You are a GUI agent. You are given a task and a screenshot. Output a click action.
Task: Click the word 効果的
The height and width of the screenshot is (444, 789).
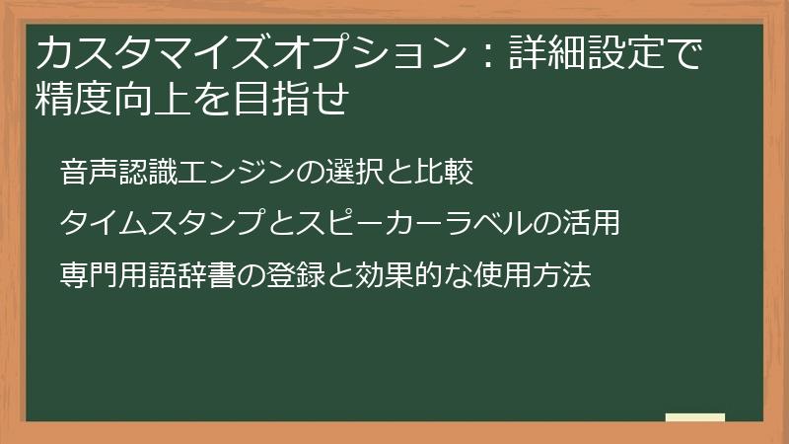(x=380, y=276)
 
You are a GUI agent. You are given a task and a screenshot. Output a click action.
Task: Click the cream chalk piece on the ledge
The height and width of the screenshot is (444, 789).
(x=694, y=416)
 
